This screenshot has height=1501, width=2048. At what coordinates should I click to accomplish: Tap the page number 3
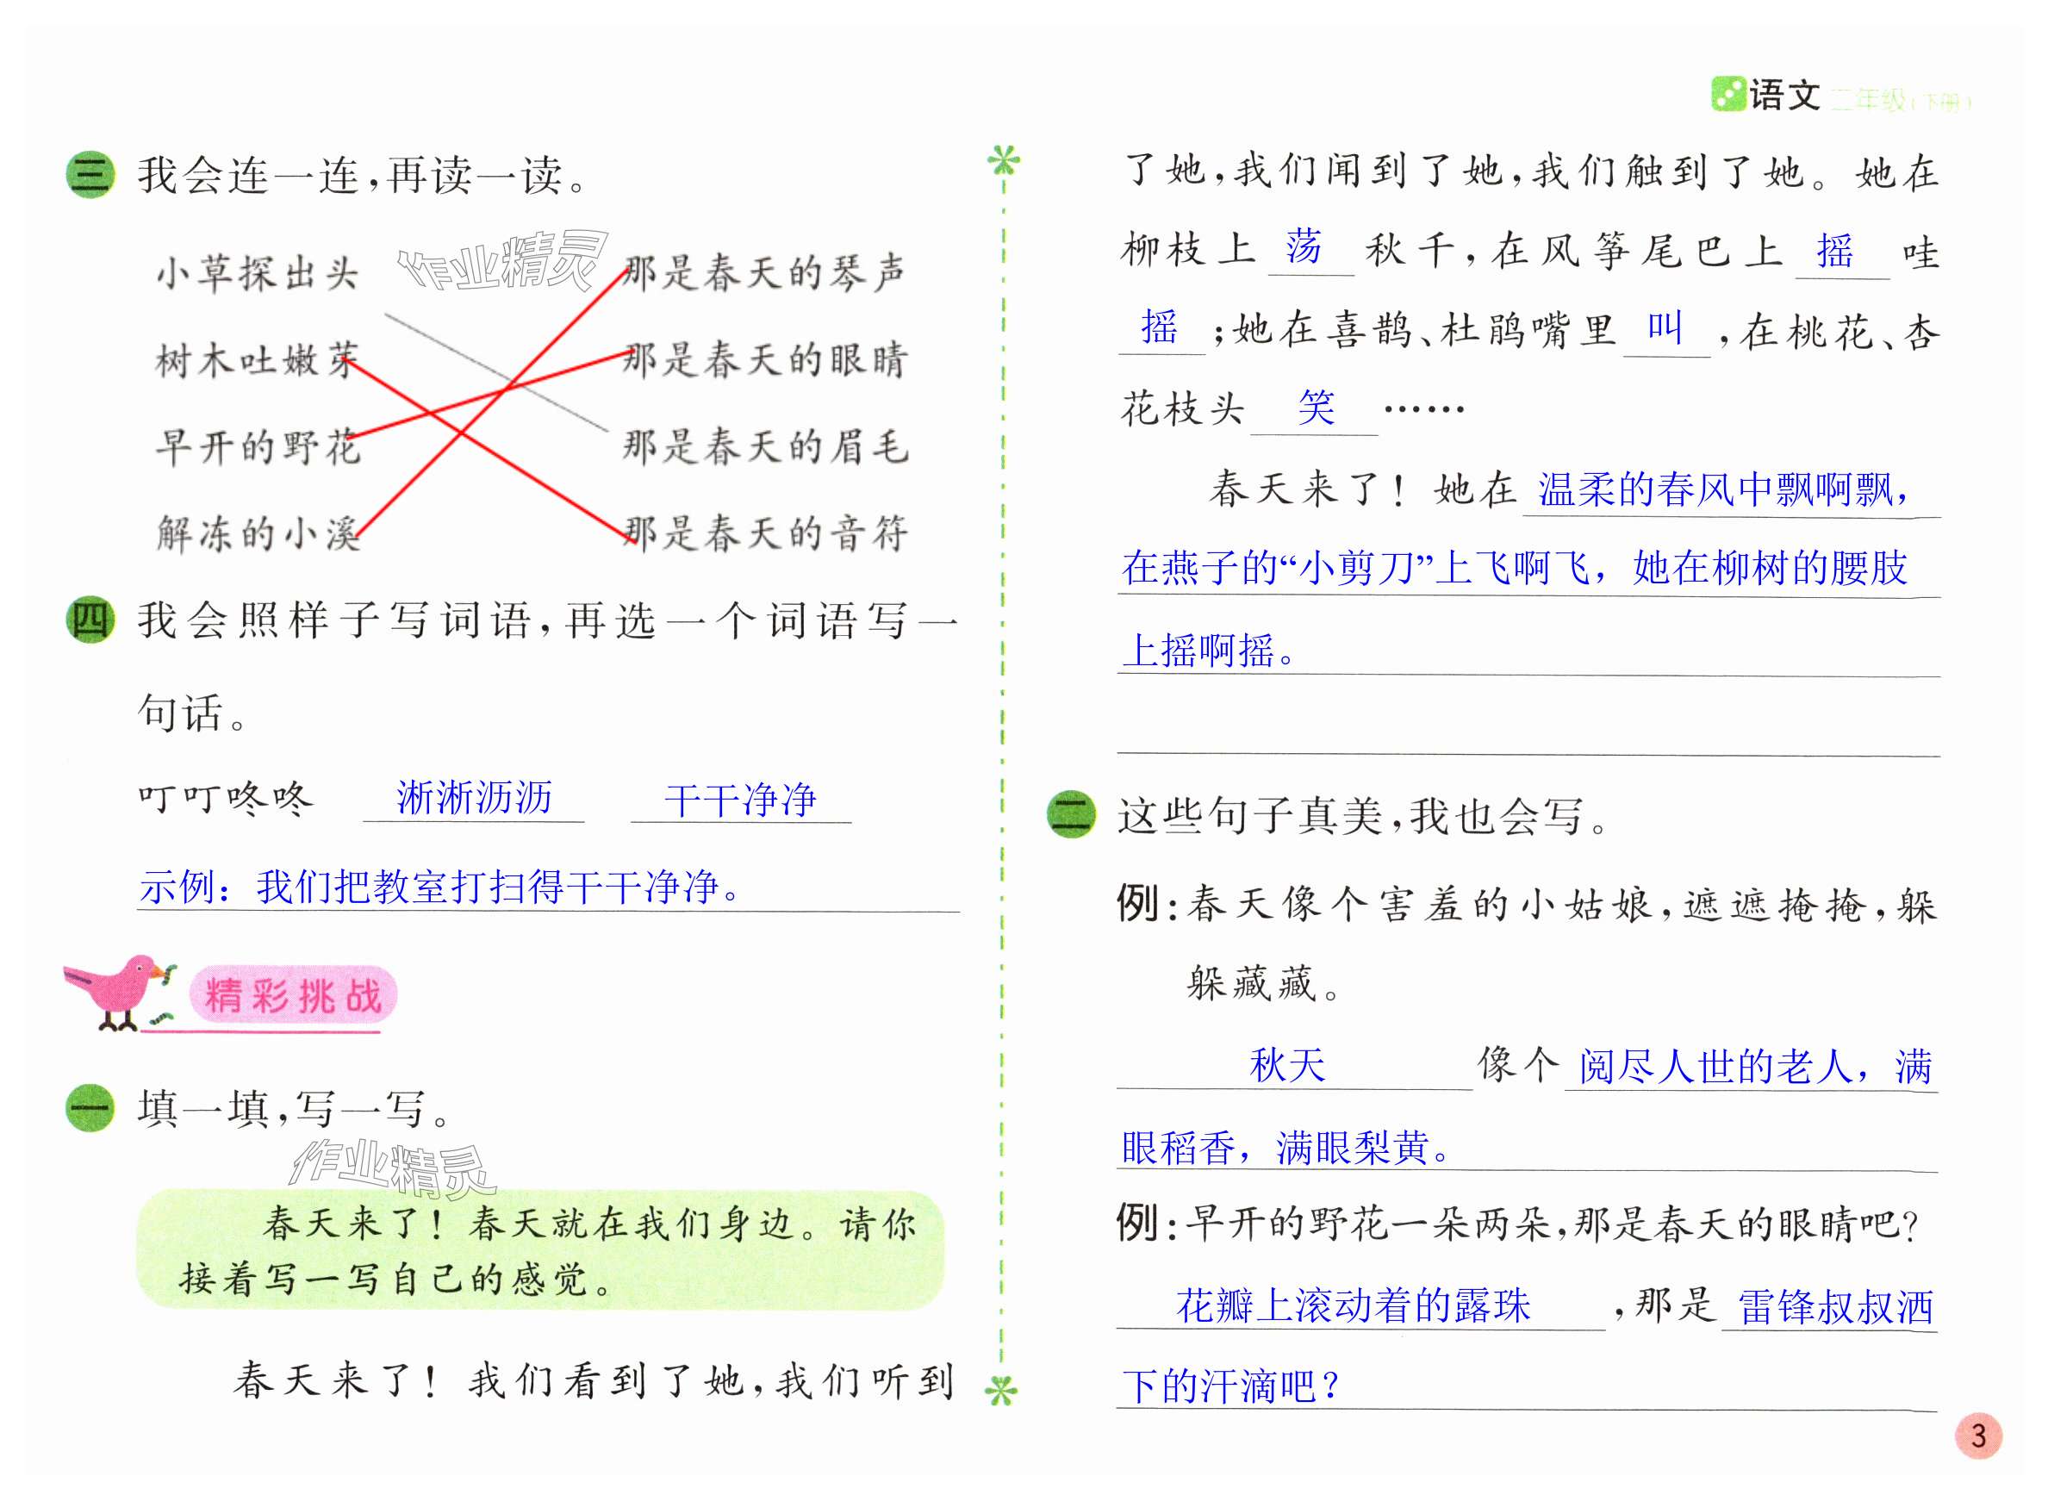coord(1977,1436)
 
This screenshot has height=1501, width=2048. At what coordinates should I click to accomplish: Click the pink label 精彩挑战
coord(293,995)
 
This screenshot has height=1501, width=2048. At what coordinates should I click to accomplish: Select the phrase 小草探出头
coord(257,272)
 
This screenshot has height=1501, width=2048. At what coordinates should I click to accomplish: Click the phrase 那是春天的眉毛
coord(764,446)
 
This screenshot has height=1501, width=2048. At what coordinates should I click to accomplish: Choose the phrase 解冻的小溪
coord(258,533)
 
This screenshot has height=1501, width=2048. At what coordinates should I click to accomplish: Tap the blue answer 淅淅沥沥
coord(473,798)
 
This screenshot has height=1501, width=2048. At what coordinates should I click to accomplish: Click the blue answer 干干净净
coord(739,800)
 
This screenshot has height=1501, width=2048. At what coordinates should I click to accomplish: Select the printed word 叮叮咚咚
coord(226,799)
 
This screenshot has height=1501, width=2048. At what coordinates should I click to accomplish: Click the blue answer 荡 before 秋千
coord(1304,247)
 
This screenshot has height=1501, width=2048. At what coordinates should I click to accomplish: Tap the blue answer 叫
coord(1665,327)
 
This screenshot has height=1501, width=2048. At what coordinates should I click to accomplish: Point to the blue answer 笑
coord(1316,406)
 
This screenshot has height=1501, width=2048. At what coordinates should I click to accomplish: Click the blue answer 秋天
coord(1286,1065)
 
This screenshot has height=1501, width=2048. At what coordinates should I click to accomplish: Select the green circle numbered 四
coord(90,620)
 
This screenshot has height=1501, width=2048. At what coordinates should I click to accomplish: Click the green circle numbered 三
coord(90,174)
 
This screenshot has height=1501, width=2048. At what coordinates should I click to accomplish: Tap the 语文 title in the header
coord(1783,95)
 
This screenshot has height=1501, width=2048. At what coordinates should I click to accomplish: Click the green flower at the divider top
coord(1003,162)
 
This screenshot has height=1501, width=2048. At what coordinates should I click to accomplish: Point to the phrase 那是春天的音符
coord(764,533)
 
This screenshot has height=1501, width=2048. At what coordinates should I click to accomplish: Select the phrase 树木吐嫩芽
coord(257,360)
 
